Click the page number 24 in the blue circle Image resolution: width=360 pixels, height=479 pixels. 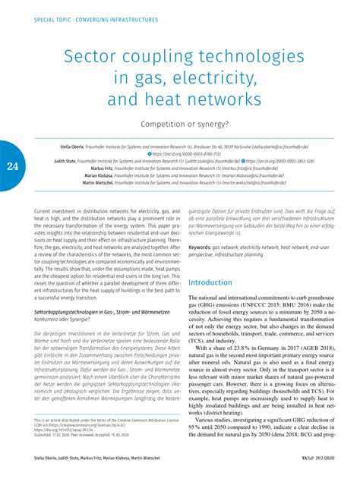(11, 167)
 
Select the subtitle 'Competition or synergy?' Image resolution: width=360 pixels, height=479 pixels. (180, 122)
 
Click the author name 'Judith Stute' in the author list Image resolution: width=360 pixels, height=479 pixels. (69, 161)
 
